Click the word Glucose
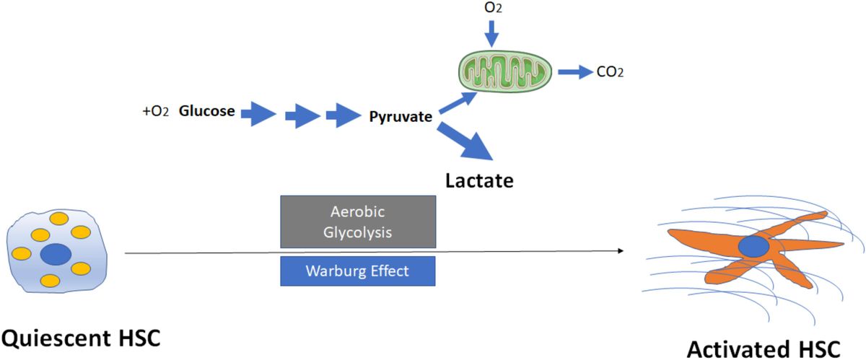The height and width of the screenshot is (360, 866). [x=206, y=112]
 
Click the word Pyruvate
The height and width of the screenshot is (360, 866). [x=401, y=115]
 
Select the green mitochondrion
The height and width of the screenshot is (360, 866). [x=506, y=70]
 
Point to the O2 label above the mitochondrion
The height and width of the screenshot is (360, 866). [x=491, y=9]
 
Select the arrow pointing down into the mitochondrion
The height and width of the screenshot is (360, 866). [x=491, y=32]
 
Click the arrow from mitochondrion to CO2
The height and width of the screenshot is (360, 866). [x=574, y=71]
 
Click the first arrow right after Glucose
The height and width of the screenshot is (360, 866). [x=258, y=113]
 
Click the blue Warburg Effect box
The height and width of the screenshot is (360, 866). [x=358, y=271]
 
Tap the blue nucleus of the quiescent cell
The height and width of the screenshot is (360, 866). [x=56, y=254]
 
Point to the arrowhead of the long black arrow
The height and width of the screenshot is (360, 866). [x=620, y=250]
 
